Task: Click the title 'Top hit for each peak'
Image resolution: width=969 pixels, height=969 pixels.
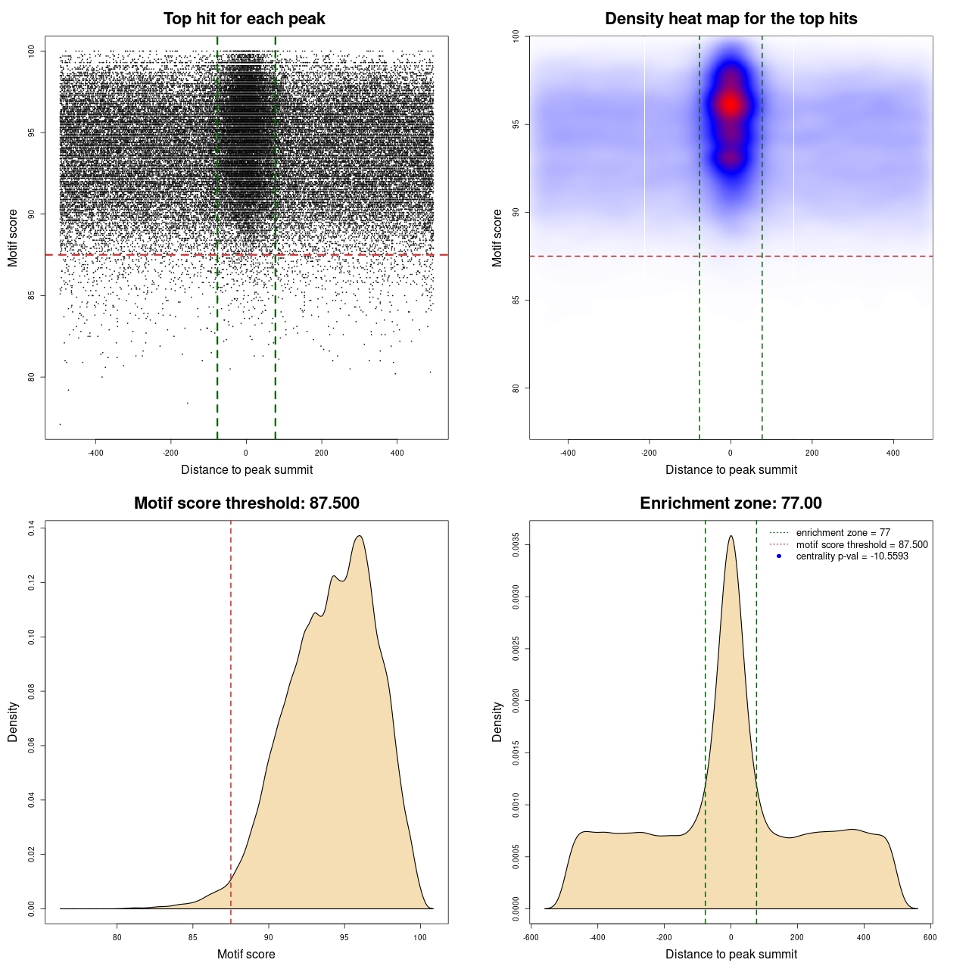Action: [245, 19]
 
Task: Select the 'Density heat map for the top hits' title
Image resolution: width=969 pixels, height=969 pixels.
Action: [731, 19]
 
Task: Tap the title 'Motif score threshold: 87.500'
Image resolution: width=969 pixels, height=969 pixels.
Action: [246, 503]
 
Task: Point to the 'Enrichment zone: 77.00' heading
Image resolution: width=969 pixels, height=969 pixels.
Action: [731, 503]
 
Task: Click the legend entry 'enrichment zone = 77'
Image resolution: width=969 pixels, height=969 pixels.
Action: [843, 533]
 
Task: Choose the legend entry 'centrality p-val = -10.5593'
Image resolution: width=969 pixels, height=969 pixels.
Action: [852, 556]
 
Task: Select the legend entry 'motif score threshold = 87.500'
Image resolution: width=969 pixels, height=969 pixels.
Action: [862, 545]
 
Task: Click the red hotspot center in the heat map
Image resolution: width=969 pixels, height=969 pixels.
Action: [730, 104]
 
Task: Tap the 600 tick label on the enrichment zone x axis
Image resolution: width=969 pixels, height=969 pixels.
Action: [930, 937]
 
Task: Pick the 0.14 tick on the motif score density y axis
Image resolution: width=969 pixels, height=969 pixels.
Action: [32, 528]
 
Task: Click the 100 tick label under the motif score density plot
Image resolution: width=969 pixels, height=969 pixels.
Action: [420, 937]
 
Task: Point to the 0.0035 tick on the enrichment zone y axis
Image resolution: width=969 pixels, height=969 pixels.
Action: [516, 545]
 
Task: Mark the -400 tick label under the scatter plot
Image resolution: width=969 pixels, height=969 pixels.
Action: [95, 453]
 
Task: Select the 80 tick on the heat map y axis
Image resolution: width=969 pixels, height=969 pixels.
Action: [516, 388]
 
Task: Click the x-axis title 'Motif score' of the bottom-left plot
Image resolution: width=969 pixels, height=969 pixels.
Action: [246, 955]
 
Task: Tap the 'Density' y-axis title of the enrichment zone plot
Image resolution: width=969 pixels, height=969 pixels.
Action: [497, 721]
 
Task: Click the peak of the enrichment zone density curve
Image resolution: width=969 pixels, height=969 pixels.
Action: [731, 537]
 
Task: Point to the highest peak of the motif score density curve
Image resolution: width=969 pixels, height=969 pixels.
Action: [360, 537]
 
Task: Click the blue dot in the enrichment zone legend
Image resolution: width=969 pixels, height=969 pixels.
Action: [779, 556]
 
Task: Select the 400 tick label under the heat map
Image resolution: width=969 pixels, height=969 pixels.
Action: [893, 453]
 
